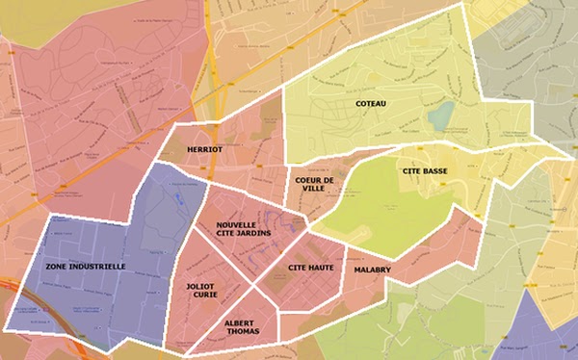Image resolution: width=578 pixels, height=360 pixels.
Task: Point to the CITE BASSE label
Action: pos(424,170)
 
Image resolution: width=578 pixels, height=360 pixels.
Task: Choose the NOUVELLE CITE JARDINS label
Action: pos(243,227)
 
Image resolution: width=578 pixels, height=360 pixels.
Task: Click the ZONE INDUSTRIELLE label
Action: pos(85,266)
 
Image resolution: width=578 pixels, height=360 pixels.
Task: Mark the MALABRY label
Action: pos(372,270)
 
